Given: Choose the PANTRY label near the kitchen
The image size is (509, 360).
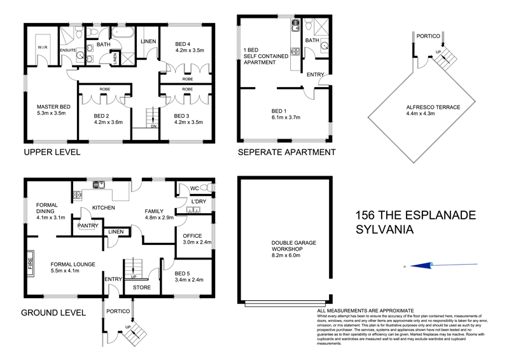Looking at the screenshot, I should click(87, 226).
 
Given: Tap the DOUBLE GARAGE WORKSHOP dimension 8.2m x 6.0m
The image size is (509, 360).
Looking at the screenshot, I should click(286, 254).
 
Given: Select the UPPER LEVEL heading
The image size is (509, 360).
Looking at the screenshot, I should click(51, 153).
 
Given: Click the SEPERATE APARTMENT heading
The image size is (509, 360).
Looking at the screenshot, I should click(286, 153).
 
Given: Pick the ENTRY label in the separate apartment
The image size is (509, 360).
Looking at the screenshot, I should click(315, 74).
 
